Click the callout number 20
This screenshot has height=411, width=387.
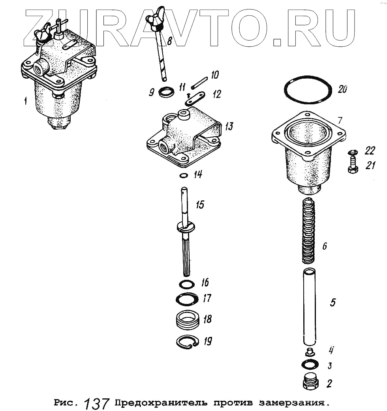coord(342,89)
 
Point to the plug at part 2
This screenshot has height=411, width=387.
coord(311,381)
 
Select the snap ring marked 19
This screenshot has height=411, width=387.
coord(188,343)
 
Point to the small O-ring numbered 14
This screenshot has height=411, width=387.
coord(183,175)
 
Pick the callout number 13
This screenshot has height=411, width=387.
coord(229,126)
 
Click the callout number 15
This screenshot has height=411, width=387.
coord(200,205)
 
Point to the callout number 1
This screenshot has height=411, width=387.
coord(25,101)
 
